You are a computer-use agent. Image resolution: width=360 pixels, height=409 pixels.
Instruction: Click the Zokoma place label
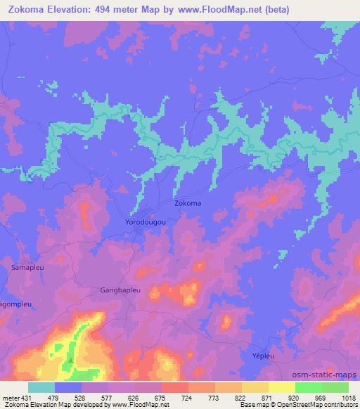[x=188, y=203]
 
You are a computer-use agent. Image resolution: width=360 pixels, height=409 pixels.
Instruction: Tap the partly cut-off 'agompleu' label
[x=16, y=304]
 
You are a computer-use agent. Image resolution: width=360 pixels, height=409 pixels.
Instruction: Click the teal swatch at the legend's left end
[x=41, y=387]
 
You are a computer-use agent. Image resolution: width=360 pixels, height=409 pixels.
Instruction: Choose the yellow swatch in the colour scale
[x=281, y=387]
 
